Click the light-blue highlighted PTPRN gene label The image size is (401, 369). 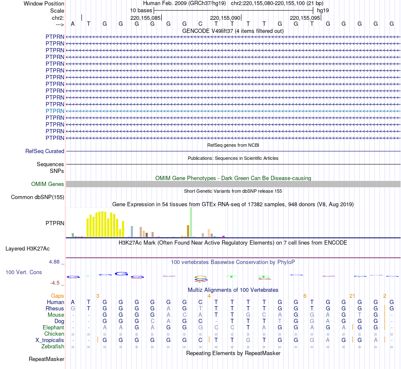[x=55, y=111]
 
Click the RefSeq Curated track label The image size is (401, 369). [x=45, y=151]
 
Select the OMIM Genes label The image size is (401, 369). [x=48, y=184]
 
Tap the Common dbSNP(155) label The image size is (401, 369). [x=38, y=197]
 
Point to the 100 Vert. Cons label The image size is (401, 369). [x=24, y=272]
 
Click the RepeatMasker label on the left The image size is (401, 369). [x=46, y=359]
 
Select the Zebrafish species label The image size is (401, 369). [x=53, y=347]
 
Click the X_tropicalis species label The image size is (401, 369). [x=50, y=340]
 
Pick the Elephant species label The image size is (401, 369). [x=53, y=328]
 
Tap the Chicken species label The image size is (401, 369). [x=54, y=334]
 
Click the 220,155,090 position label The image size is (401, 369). [x=225, y=18]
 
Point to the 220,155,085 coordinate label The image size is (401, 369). [x=145, y=18]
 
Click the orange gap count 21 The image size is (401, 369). [x=352, y=296]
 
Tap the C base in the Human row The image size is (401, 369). [x=200, y=302]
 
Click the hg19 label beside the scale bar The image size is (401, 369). [x=323, y=10]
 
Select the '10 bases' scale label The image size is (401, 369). [x=141, y=10]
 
